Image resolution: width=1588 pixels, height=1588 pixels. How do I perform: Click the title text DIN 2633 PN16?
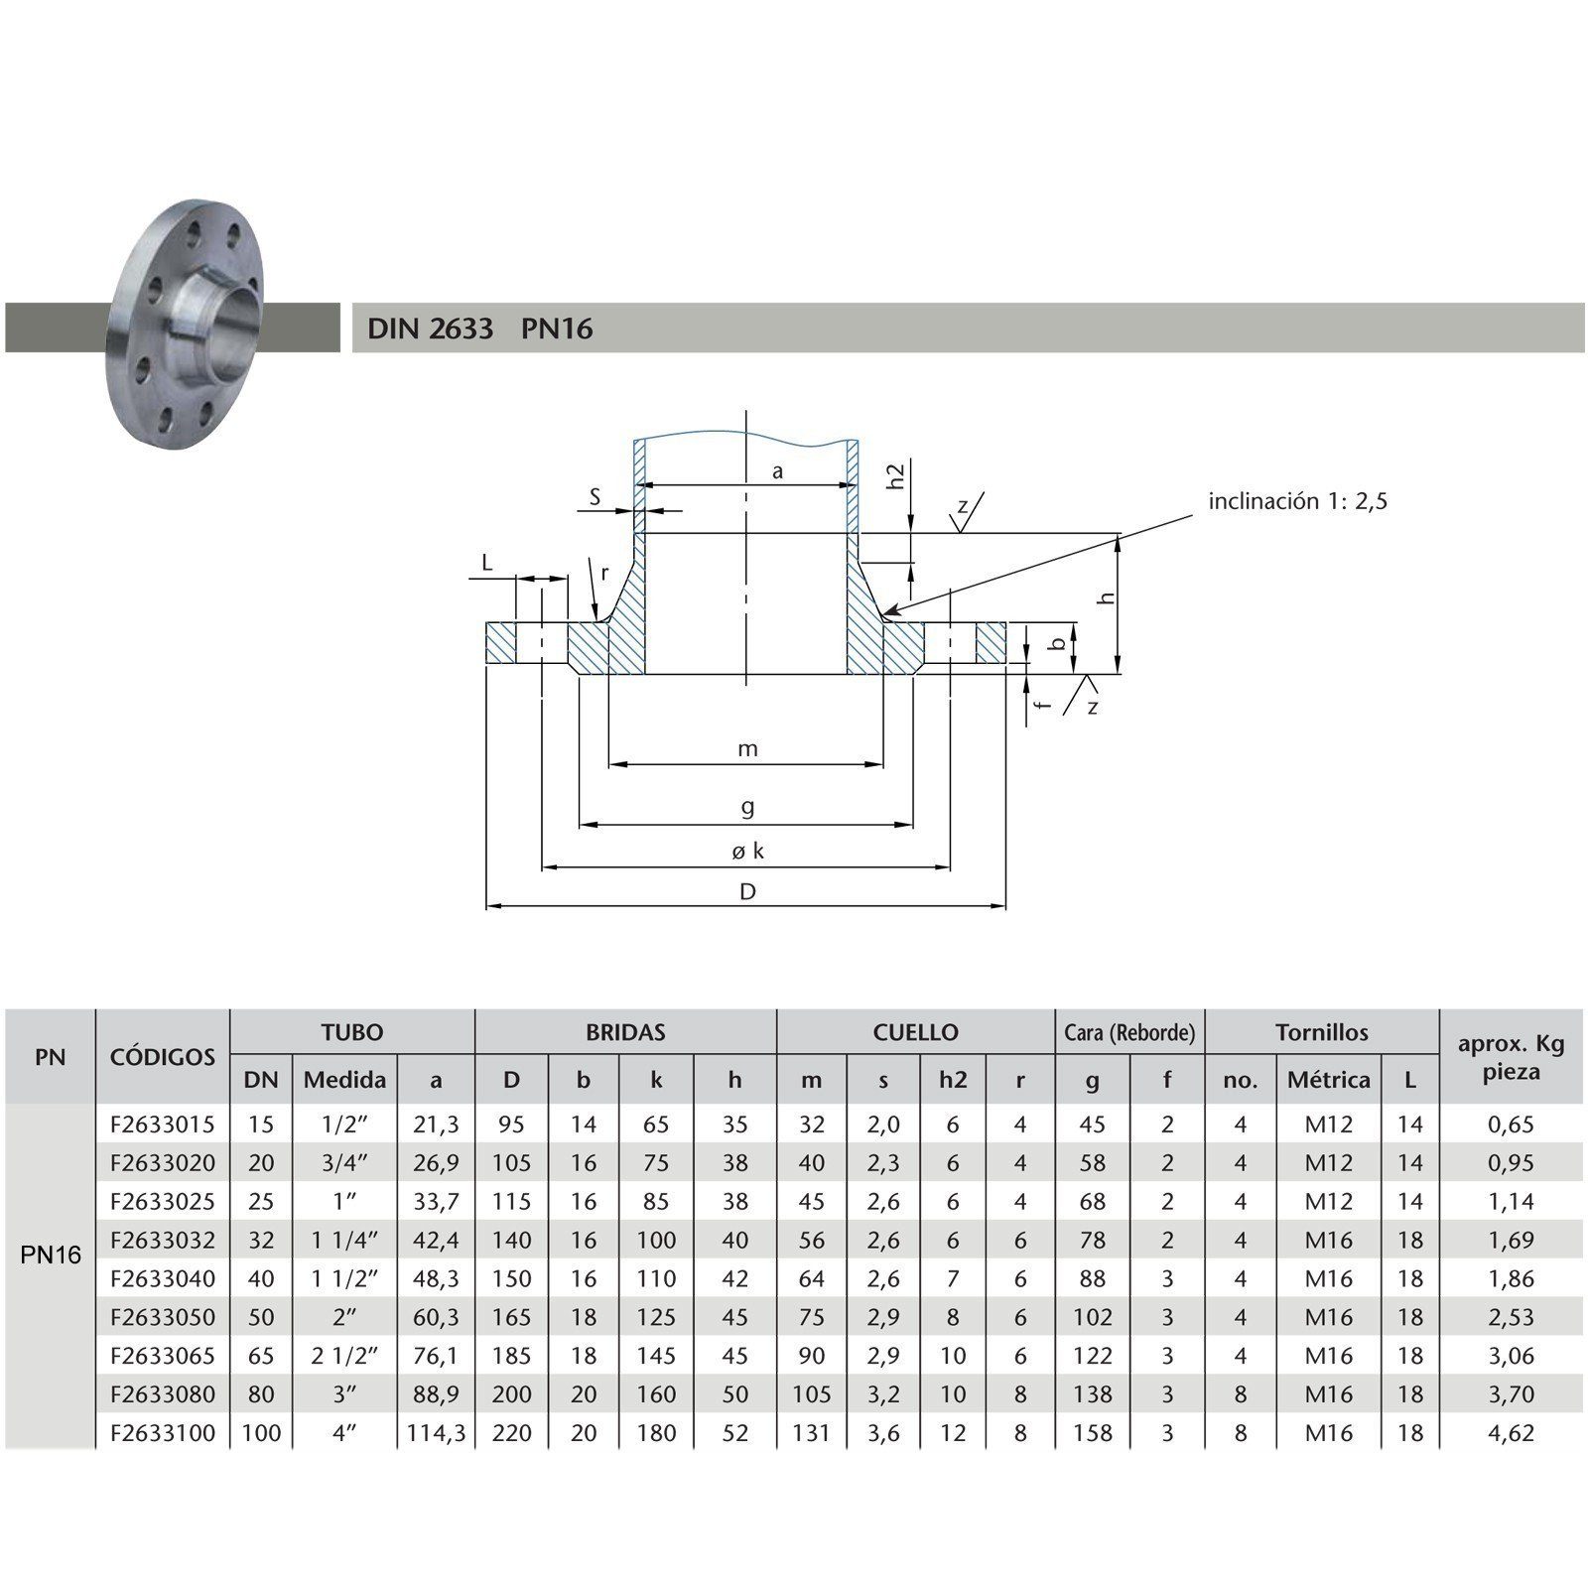point(480,329)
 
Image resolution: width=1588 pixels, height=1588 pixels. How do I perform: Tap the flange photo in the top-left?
point(186,325)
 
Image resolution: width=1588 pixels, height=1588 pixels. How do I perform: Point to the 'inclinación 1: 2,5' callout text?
point(1297,501)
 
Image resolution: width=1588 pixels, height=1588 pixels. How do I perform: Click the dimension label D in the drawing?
point(747,891)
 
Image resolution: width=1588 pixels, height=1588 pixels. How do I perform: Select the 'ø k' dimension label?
point(747,851)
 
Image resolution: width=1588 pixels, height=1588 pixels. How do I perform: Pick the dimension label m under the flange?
point(747,749)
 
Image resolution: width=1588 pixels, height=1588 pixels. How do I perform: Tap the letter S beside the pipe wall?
point(595,497)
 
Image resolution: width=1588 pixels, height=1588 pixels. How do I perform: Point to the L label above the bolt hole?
point(486,563)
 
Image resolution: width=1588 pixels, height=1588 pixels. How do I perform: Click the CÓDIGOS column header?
point(163,1056)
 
